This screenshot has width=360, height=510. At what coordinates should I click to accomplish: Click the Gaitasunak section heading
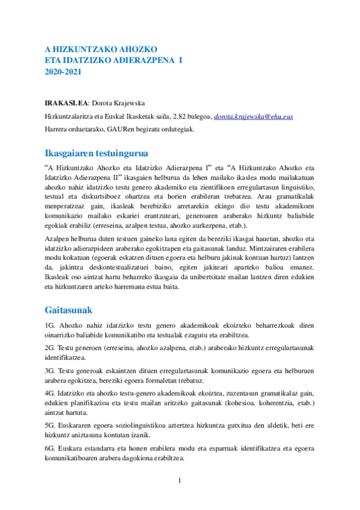tap(68, 310)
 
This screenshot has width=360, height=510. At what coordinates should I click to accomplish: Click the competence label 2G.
tap(50, 348)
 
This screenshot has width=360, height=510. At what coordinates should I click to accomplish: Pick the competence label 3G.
tap(50, 371)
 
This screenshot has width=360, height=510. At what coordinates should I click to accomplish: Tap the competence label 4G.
tap(50, 393)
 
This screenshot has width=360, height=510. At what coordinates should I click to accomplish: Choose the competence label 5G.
tap(50, 425)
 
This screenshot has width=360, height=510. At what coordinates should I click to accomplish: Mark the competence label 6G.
tap(50, 448)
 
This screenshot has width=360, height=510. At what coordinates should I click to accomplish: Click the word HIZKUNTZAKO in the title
tap(82, 48)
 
